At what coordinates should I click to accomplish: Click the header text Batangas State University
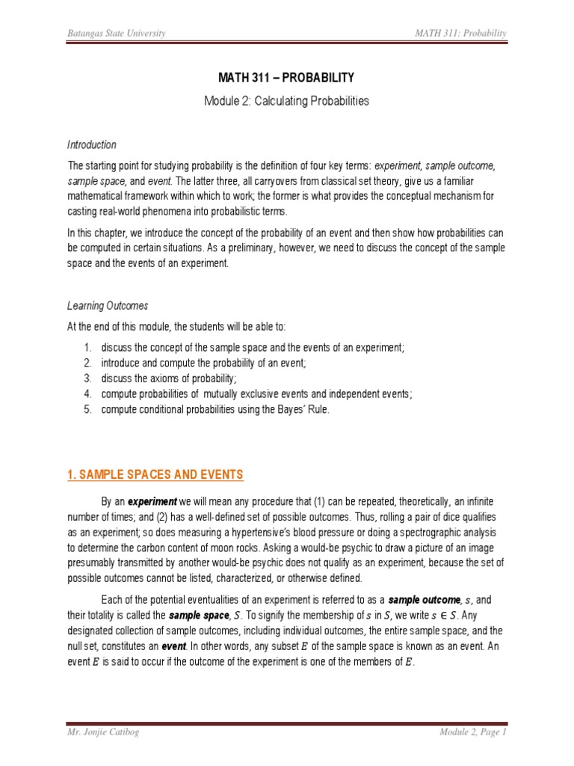pos(117,34)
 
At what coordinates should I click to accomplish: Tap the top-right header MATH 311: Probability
pos(462,34)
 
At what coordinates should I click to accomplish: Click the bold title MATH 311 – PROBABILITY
pos(286,78)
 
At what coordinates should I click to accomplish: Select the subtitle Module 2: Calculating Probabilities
pos(286,101)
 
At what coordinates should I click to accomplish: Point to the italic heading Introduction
pos(92,144)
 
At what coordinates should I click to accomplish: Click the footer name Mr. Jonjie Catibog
pos(105,733)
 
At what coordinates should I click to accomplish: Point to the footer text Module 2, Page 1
pos(473,733)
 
